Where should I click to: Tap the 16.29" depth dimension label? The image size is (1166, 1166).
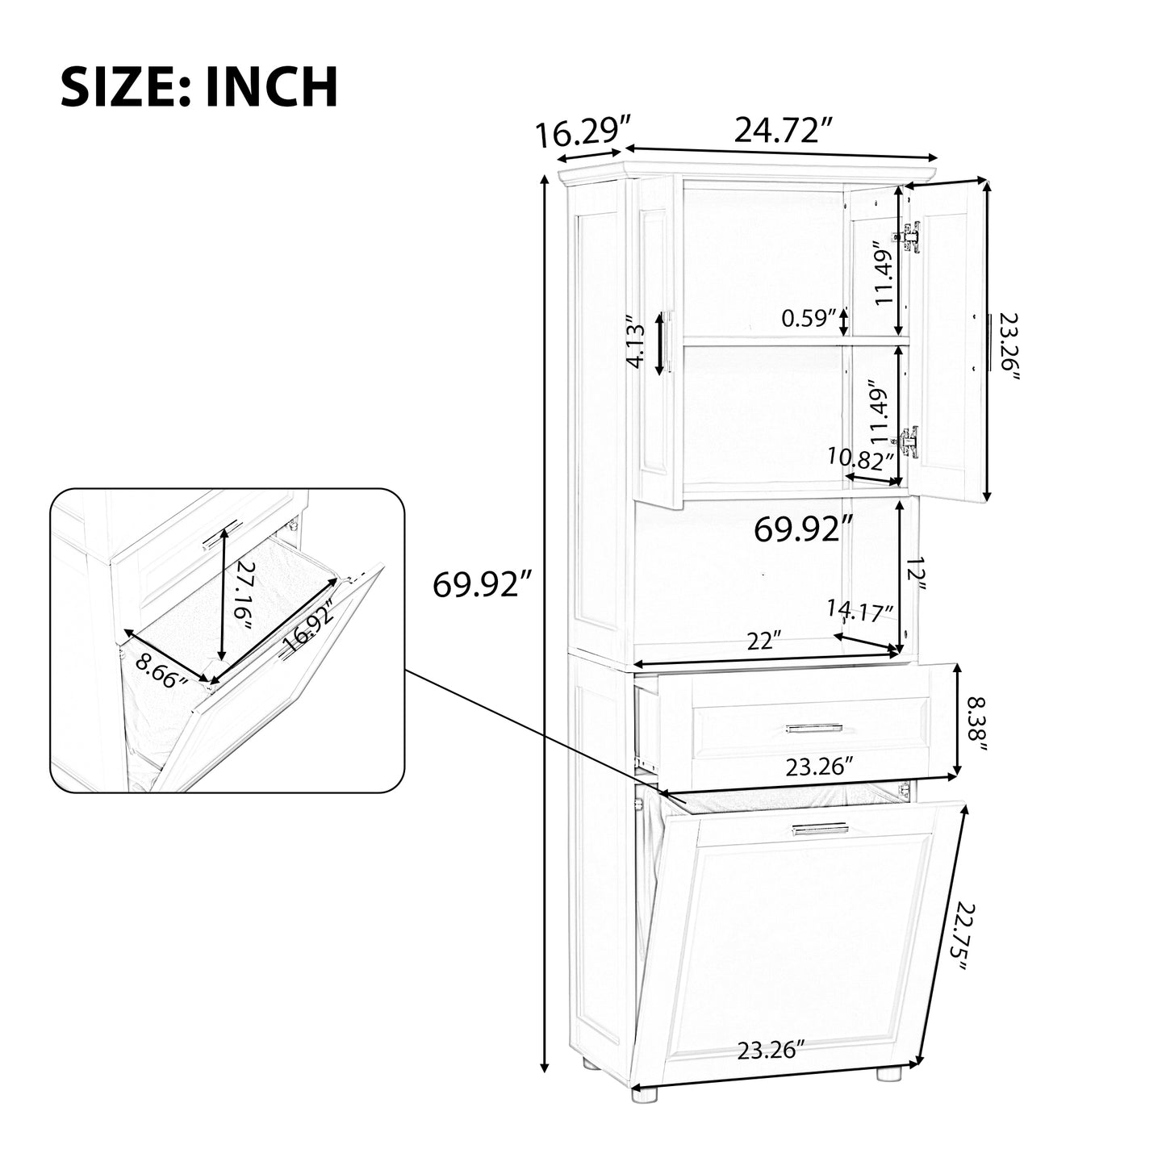(583, 133)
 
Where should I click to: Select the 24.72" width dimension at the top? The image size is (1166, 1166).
(782, 130)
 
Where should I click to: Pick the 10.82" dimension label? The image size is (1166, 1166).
(861, 458)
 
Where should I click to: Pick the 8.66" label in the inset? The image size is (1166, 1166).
(161, 669)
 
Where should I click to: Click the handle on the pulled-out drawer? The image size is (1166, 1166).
(813, 729)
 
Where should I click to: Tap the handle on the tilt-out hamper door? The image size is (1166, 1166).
(820, 829)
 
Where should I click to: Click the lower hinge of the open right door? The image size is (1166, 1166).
(909, 441)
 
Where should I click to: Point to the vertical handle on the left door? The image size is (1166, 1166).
(669, 342)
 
